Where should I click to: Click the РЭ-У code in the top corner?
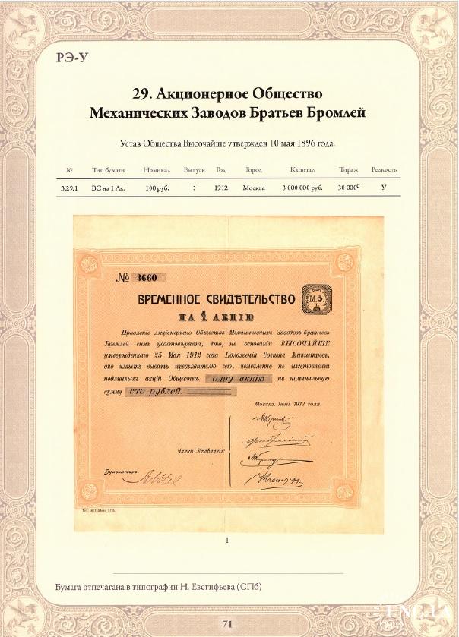[x=73, y=59]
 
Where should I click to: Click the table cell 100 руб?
[x=156, y=187]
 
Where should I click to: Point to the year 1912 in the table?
[x=220, y=187]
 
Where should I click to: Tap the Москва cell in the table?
[x=253, y=187]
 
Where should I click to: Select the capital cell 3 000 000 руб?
[x=302, y=187]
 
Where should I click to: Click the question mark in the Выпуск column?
[x=195, y=187]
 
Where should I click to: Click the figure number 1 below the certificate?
[x=227, y=541]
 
